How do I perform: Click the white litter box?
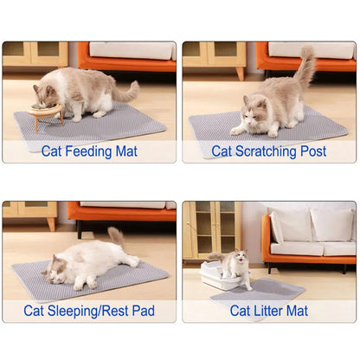click(218, 275)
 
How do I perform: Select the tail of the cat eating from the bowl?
click(124, 92)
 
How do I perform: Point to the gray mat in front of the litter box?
click(260, 289)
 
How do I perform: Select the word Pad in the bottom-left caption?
click(143, 311)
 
